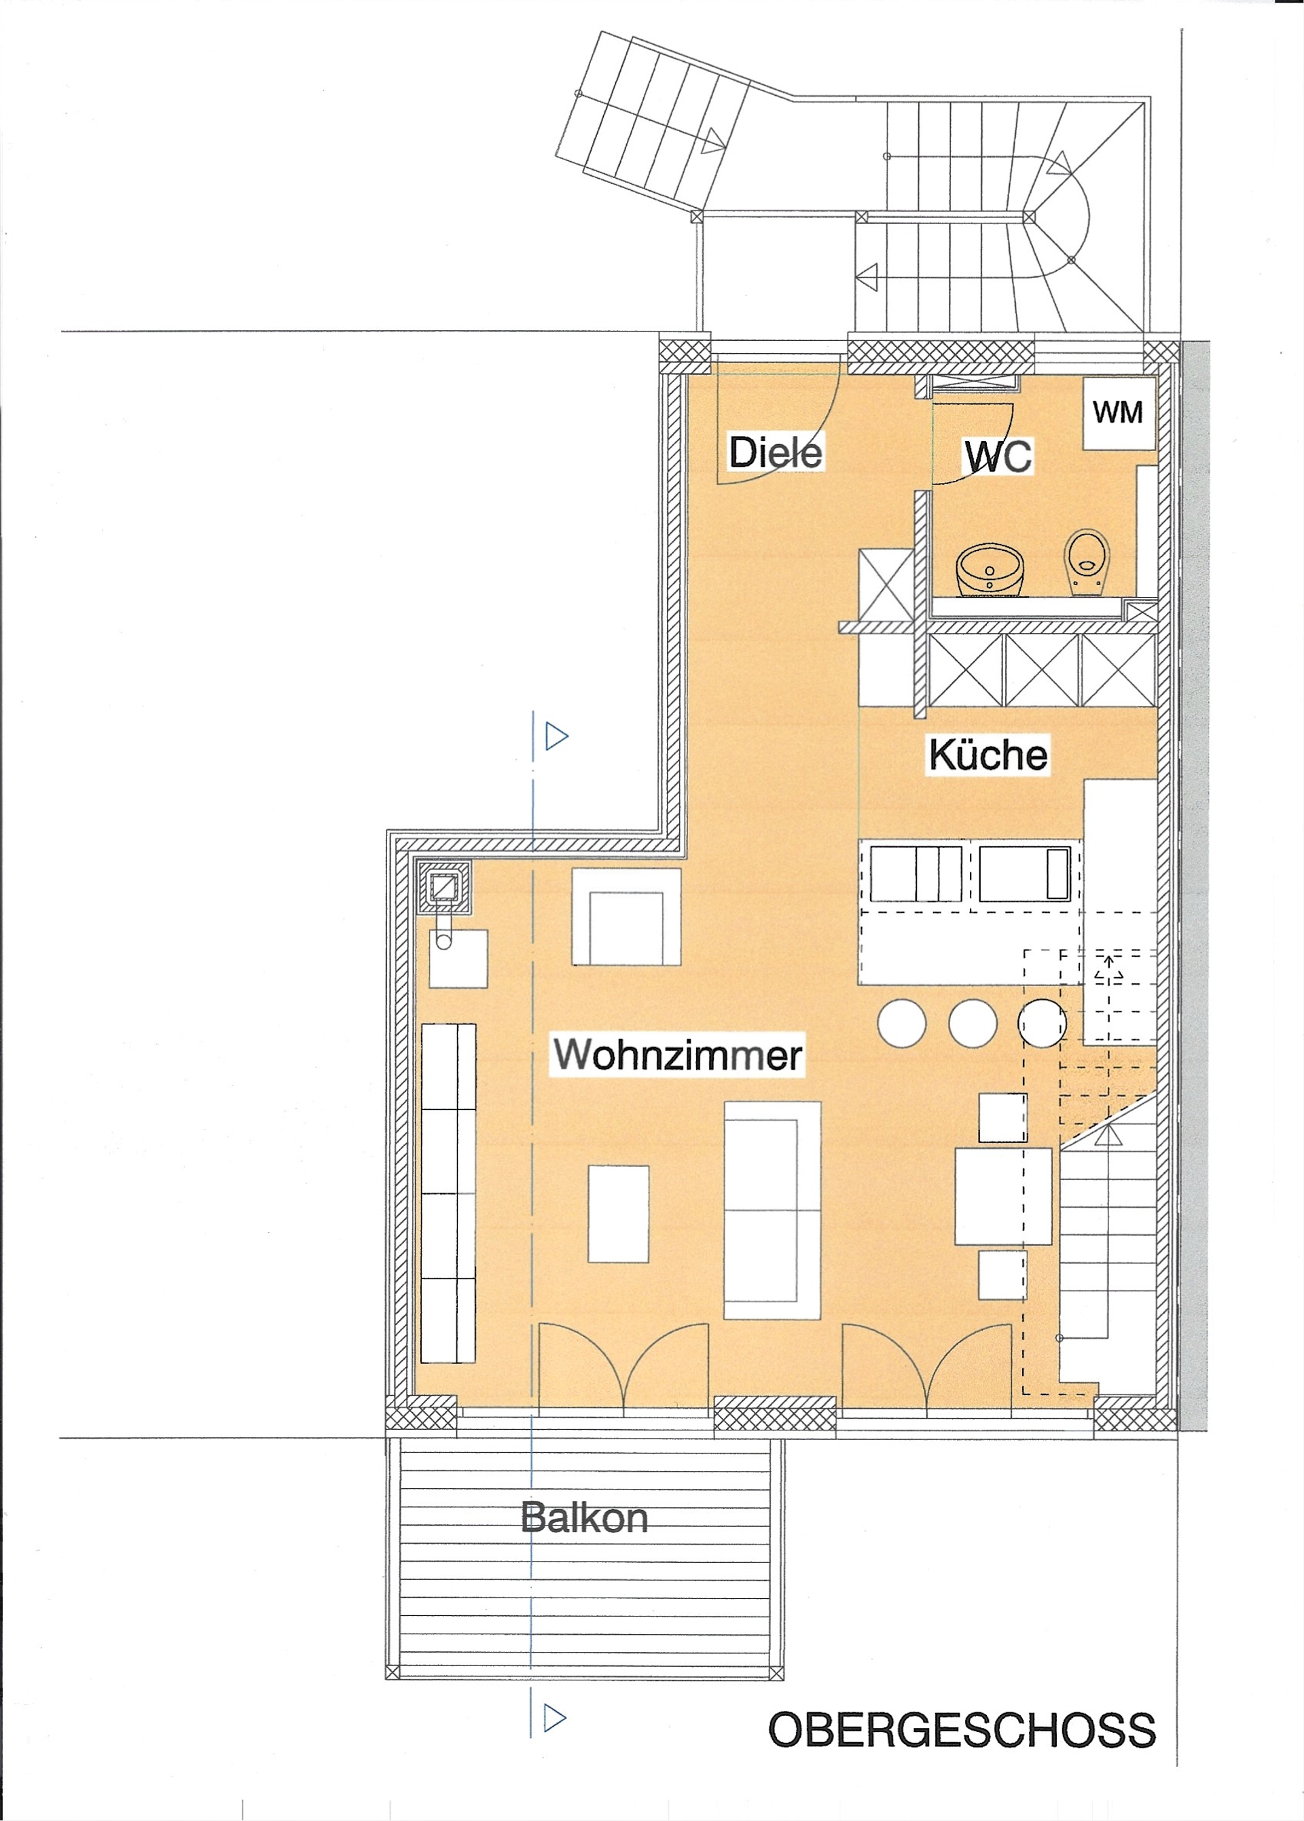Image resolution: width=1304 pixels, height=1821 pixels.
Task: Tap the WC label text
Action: (x=998, y=456)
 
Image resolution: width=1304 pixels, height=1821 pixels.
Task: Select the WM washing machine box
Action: (x=1119, y=413)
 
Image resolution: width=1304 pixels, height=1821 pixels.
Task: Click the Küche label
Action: (x=988, y=754)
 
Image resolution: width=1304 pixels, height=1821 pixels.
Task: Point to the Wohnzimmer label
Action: (x=678, y=1054)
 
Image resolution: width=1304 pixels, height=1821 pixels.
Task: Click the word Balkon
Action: (x=584, y=1517)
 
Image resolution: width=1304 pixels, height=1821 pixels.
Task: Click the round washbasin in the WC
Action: (x=990, y=570)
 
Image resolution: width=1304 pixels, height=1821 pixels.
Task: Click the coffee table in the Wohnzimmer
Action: (x=618, y=1214)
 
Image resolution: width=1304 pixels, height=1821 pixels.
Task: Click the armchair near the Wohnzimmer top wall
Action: (x=626, y=917)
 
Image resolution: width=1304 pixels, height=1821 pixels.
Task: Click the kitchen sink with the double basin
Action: (x=916, y=873)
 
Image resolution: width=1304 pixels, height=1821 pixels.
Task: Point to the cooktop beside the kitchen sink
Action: (x=1025, y=873)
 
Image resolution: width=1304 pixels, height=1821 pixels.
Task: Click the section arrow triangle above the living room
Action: (x=556, y=736)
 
